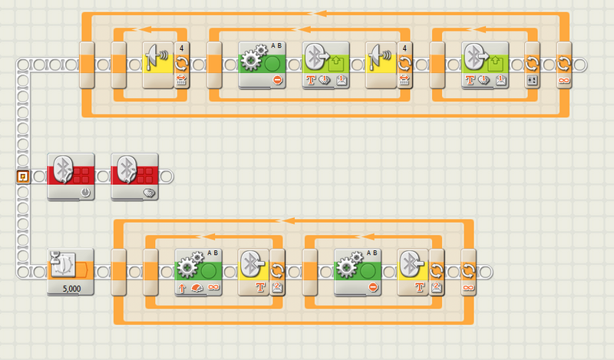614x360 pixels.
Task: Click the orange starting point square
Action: point(22,177)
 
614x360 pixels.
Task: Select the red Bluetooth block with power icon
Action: point(71,176)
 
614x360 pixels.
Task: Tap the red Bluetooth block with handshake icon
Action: point(134,176)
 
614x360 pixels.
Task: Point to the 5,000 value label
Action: point(71,289)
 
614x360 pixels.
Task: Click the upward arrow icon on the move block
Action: point(181,288)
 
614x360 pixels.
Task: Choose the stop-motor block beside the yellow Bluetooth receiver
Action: point(358,272)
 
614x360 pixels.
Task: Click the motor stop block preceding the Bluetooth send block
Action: point(262,64)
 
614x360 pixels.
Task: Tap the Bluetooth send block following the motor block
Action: point(325,64)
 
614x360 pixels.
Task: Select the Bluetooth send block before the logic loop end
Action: point(486,64)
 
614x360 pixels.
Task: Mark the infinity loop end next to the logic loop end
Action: point(564,64)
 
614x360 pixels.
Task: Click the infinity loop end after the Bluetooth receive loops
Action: point(468,272)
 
